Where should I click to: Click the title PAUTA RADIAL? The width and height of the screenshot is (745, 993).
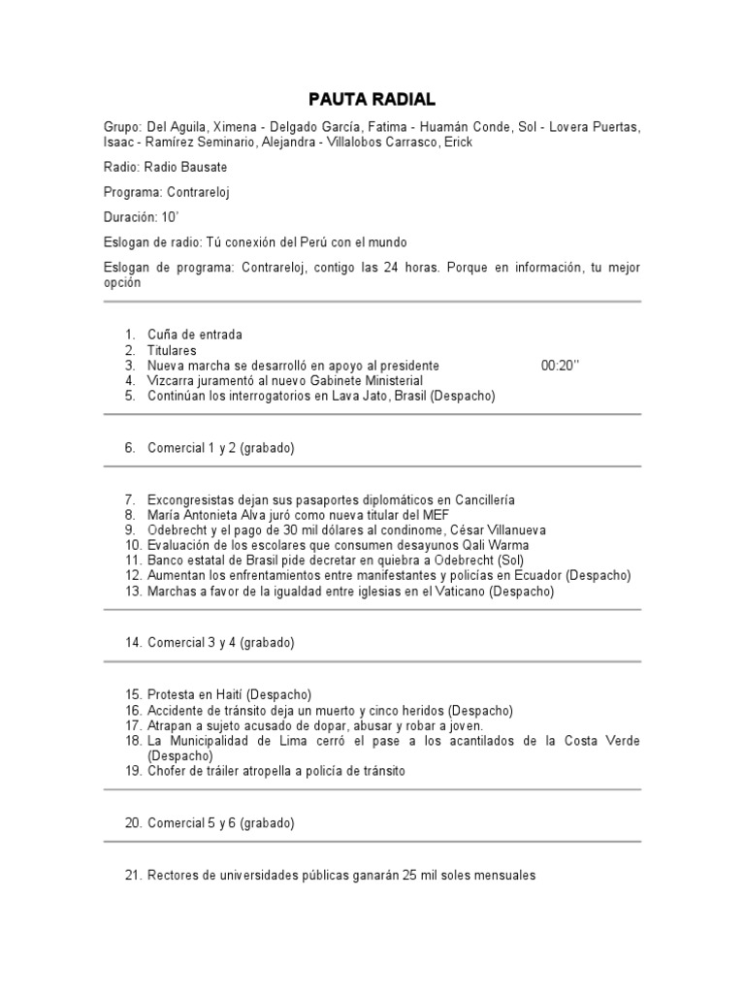372,100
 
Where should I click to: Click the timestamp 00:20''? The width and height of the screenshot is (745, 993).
560,366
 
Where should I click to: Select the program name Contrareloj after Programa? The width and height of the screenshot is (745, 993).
201,192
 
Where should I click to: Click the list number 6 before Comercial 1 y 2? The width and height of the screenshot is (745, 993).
129,448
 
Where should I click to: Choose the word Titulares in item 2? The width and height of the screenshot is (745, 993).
172,350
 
